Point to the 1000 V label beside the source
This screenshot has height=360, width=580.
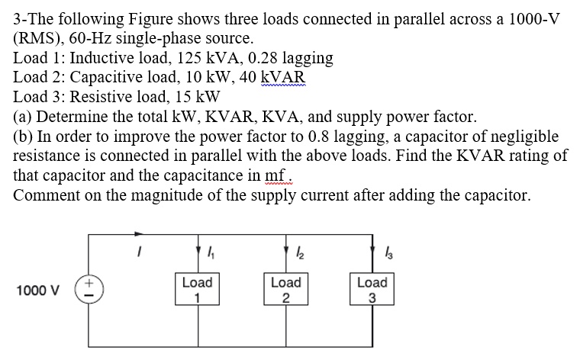pyautogui.click(x=37, y=291)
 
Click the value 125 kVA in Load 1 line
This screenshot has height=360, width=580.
pyautogui.click(x=205, y=58)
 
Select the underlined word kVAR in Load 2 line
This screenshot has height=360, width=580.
pyautogui.click(x=283, y=78)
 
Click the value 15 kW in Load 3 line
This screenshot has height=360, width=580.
pyautogui.click(x=197, y=98)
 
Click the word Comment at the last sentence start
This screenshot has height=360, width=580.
pyautogui.click(x=45, y=195)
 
